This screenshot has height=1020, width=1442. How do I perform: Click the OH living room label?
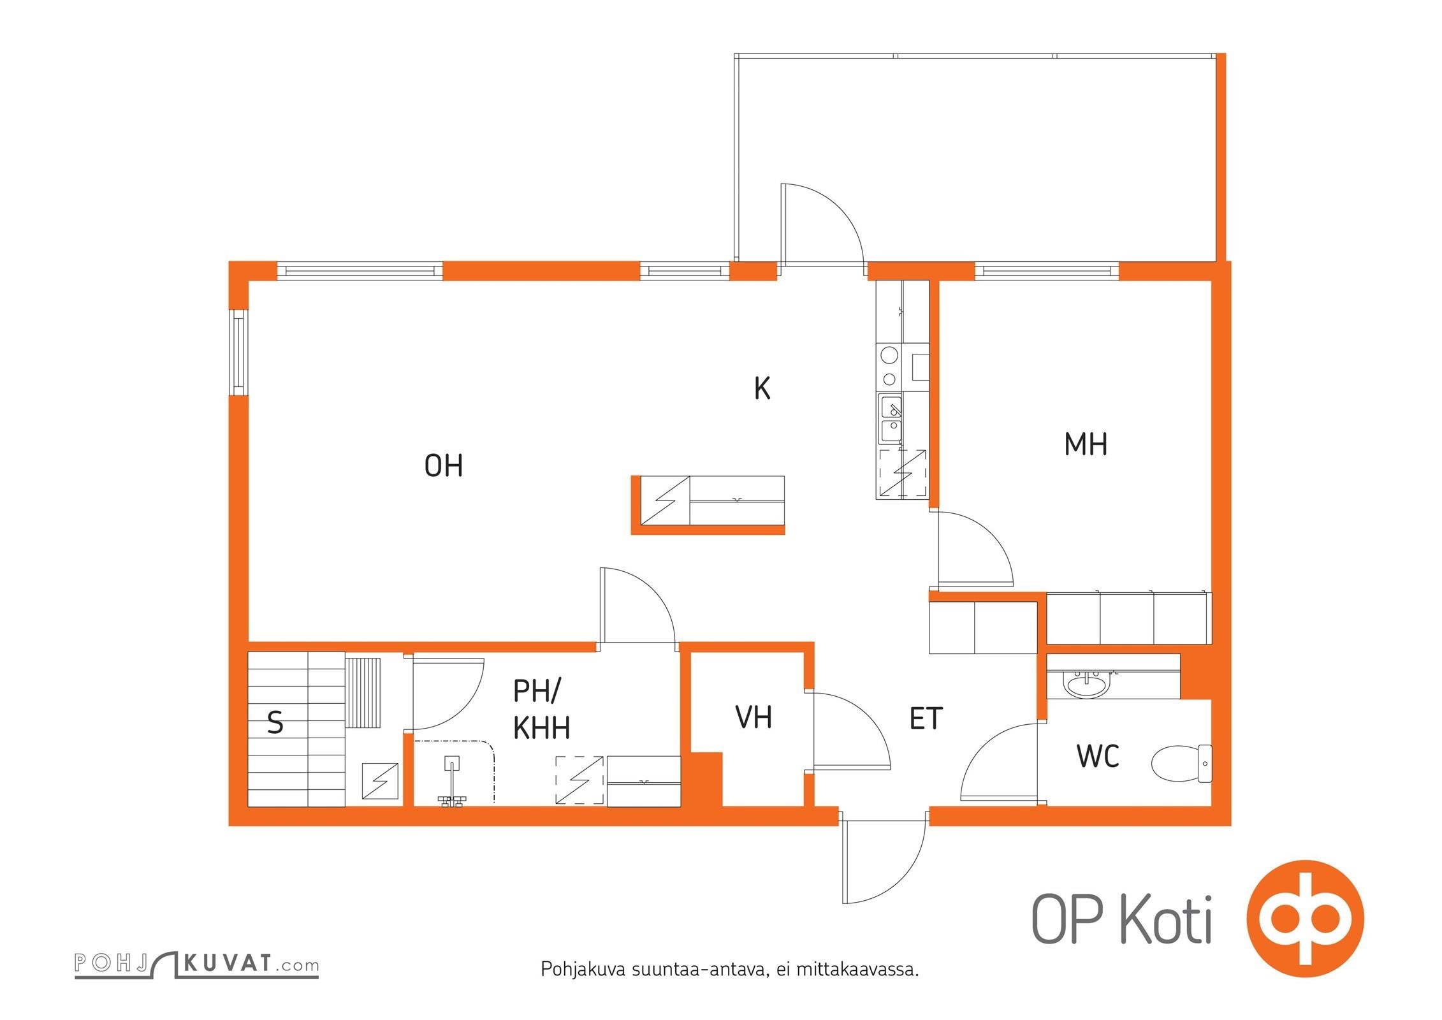pos(444,466)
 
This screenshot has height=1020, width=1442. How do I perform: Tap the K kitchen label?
pos(762,388)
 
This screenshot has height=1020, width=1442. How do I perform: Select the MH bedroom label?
pos(1086,444)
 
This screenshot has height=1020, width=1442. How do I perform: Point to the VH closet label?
pos(754,717)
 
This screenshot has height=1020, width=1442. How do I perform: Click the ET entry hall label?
pos(926,718)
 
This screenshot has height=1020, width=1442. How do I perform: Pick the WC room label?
pos(1098,757)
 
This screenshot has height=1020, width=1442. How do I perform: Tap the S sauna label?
pos(275,723)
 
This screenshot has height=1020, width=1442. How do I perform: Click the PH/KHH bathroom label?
pos(541,710)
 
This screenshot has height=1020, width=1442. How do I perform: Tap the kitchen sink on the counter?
pos(891,419)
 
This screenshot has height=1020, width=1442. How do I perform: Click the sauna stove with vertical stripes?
pos(364,691)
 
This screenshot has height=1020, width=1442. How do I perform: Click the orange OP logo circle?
pos(1305,919)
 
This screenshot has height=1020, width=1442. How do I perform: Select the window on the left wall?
pos(238,353)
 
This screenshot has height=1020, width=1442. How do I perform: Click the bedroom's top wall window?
pos(1047,271)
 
